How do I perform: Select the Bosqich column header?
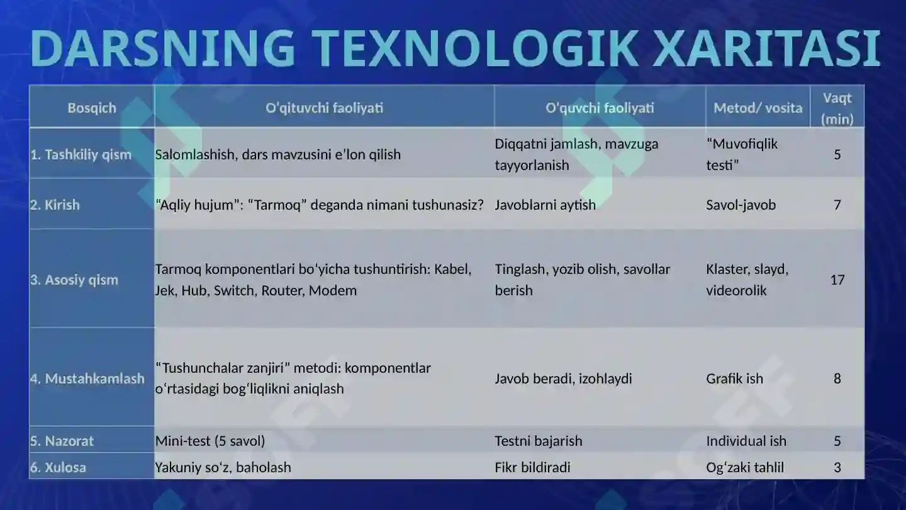[92, 108]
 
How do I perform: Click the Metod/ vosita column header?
[758, 108]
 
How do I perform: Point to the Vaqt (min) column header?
[837, 108]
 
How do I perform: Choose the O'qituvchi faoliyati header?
[324, 108]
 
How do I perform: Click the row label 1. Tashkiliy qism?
[81, 154]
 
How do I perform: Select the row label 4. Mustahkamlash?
[87, 378]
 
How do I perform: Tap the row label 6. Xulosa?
[58, 467]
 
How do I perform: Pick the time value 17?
[837, 280]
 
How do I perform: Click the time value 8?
[837, 378]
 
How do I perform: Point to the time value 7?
[837, 205]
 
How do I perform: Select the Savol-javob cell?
[741, 205]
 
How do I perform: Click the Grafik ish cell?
[734, 378]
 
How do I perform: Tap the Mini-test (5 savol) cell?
[210, 441]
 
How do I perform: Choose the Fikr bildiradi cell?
[532, 467]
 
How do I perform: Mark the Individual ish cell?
[746, 441]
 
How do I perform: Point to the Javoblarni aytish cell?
[545, 205]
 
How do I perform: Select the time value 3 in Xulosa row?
[837, 467]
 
